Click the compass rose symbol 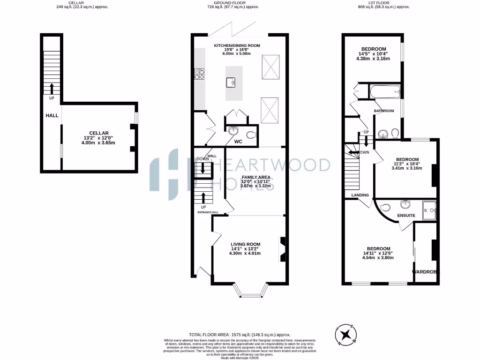click(346, 335)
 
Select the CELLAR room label click(99, 133)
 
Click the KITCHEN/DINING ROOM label click(237, 45)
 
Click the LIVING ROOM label click(245, 244)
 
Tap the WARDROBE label click(426, 272)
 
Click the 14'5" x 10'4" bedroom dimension click(373, 54)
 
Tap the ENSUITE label click(406, 216)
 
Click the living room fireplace click(283, 248)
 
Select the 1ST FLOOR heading click(383, 3)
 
